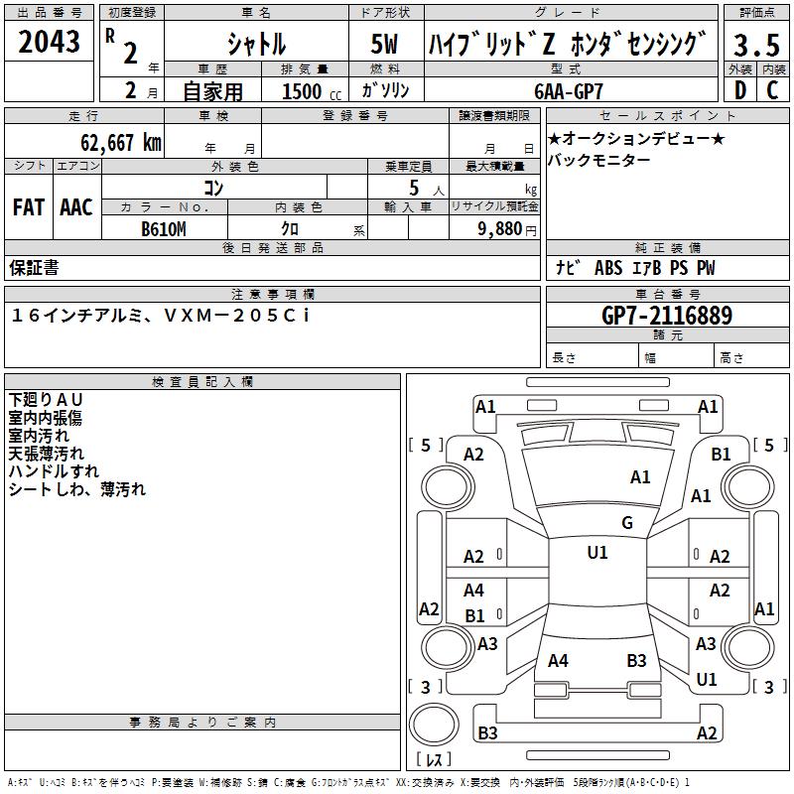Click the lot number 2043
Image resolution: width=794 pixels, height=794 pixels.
pos(50,43)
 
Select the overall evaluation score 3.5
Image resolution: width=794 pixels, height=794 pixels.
pos(755,46)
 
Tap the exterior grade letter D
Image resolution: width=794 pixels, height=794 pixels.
pos(740,89)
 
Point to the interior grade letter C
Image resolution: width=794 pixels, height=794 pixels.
pos(772,89)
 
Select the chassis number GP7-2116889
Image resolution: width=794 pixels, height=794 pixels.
pos(667,316)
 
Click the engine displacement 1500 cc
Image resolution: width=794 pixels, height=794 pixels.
pos(302,91)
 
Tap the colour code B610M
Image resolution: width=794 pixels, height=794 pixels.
pos(164,229)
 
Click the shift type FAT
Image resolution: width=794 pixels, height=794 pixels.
pos(28,207)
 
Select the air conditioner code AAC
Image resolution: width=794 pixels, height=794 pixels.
pos(76,207)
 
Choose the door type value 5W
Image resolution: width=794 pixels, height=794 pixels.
pos(387,46)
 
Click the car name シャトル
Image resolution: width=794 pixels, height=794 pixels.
pos(255,46)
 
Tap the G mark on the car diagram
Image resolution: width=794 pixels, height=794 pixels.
pos(626,523)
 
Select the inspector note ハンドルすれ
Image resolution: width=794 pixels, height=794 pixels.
pos(54,471)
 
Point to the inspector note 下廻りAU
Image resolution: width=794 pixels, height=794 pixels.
pos(46,400)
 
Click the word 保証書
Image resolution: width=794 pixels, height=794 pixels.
pos(34,268)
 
